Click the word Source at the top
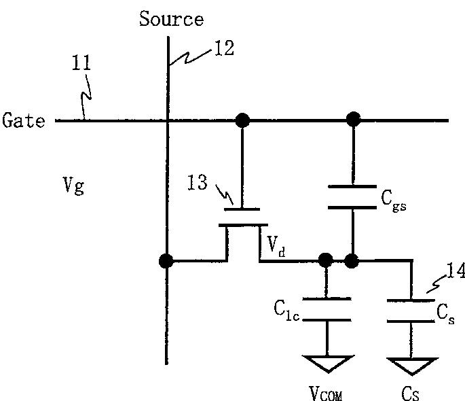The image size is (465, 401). click(172, 18)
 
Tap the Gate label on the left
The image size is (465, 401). click(24, 120)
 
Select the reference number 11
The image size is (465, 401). click(81, 63)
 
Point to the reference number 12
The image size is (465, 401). click(224, 48)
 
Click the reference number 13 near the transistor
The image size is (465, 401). click(198, 182)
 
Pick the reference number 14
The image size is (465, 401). click(455, 271)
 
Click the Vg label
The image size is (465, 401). click(73, 186)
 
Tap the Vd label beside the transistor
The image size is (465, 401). click(276, 246)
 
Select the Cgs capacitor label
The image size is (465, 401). click(394, 201)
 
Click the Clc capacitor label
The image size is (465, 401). click(286, 311)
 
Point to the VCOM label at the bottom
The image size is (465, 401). click(326, 394)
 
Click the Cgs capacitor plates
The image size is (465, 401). click(352, 197)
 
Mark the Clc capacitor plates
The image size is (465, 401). click(327, 309)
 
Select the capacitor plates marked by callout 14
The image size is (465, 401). click(411, 311)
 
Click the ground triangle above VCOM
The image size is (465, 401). click(329, 364)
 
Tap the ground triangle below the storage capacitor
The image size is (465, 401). click(413, 366)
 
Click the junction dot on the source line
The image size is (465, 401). click(166, 261)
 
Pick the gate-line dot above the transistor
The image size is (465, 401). click(242, 120)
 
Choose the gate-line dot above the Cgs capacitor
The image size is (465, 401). click(354, 120)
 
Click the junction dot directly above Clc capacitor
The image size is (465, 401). click(326, 260)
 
